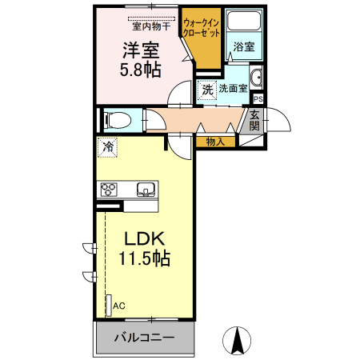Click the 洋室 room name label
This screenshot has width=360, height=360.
point(141,50)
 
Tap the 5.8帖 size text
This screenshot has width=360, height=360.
point(141,70)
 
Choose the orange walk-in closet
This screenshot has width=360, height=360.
point(202,40)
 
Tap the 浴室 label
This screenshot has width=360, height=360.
point(245,48)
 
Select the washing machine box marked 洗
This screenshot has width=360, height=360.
point(207,90)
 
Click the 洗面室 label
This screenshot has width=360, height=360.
point(232,90)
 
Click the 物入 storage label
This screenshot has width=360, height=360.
point(215,142)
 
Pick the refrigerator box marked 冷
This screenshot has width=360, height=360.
point(106,146)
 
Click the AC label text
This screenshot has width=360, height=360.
point(119,306)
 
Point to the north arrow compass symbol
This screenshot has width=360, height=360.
point(237,341)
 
